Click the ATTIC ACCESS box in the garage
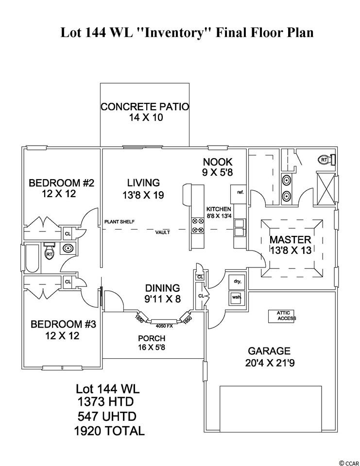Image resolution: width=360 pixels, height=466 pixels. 282,316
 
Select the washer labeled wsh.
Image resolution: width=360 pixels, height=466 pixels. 237,298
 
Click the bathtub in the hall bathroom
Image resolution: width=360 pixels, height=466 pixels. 32,259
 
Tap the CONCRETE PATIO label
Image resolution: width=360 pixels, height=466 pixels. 145,107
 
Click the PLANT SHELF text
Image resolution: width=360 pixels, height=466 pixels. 120,222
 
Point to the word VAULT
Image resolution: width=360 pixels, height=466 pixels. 162,233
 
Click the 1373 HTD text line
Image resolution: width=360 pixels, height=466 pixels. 105,402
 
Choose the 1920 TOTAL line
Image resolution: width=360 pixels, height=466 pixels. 109,431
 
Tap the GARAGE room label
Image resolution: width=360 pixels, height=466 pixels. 269,351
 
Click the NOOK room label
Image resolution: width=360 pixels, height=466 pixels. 218,162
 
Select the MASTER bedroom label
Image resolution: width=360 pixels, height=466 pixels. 290,239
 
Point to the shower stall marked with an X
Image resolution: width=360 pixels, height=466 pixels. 326,188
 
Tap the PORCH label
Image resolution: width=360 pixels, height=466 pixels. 152,338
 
